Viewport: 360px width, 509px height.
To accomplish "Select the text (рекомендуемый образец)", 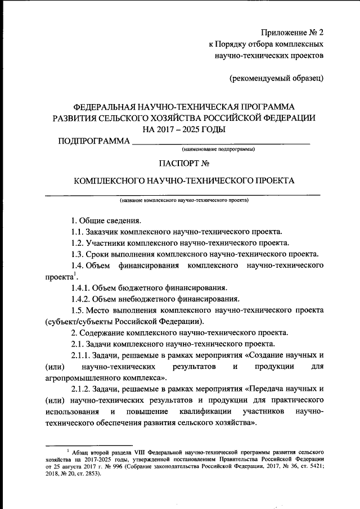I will pyautogui.click(x=276, y=78).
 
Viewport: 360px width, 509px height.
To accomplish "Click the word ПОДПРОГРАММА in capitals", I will pyautogui.click(x=94, y=141).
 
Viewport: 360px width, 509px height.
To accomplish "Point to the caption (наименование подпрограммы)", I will pyautogui.click(x=217, y=150).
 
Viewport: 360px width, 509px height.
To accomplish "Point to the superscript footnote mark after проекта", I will pyautogui.click(x=75, y=274).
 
